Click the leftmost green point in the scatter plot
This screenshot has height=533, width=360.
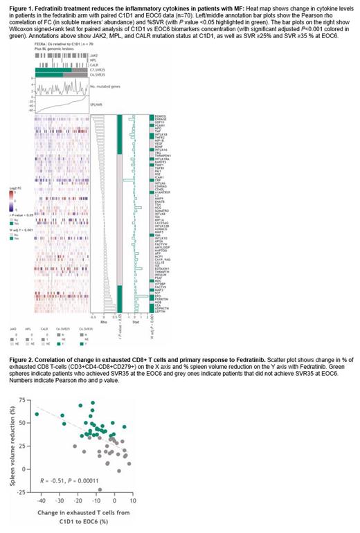(x=37, y=414)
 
